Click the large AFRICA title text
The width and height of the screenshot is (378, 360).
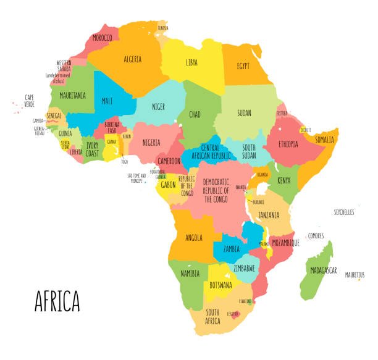(x=57, y=301)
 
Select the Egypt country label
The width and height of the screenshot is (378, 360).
(x=247, y=65)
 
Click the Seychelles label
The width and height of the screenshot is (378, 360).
(x=344, y=212)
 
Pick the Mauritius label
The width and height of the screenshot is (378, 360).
(x=355, y=275)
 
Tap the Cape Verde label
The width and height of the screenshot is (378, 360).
(x=29, y=100)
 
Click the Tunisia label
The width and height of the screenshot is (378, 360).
(x=162, y=28)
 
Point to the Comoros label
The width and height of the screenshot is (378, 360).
(x=316, y=235)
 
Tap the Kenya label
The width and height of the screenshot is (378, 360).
(x=283, y=180)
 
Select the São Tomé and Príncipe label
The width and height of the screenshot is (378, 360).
(x=136, y=178)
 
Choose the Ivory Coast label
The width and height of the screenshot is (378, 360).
(x=92, y=150)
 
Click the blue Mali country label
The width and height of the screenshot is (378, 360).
(x=107, y=101)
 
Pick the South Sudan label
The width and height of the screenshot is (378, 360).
(x=248, y=151)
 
